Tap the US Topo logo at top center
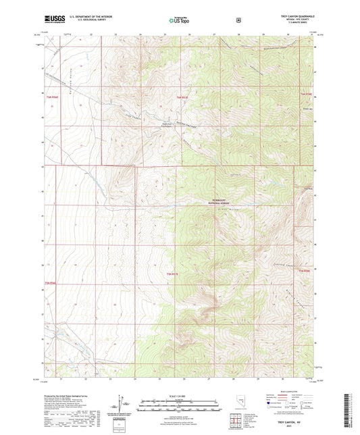[x=176, y=20]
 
